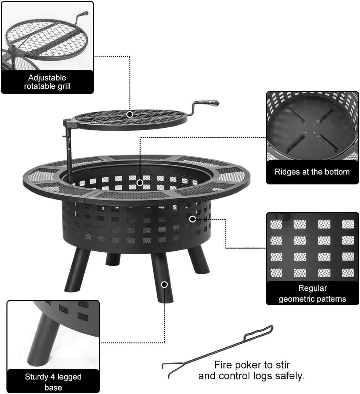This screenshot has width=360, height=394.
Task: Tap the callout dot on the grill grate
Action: point(129,114)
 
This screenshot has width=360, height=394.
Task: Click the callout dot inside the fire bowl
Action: point(140,183)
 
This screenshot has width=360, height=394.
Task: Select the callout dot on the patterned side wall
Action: point(192,219)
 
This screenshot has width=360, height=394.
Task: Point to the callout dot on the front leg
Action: point(164,285)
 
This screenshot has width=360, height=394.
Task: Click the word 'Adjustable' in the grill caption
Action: point(47,78)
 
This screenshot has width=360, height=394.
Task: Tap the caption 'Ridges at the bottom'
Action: point(312,172)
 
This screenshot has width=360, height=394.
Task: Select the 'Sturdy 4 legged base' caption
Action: point(53,382)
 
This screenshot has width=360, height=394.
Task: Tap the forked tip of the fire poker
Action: point(166,369)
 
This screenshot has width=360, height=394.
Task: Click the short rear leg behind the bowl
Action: point(113,259)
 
